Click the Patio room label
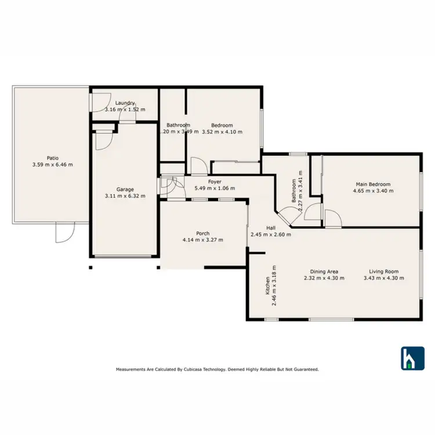[x=53, y=157]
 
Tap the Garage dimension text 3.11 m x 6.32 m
[x=125, y=196]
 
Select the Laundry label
[x=125, y=103]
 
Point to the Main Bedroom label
[x=374, y=184]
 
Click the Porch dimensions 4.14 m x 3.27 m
[x=202, y=240]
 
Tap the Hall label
[x=271, y=228]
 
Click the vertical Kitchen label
[x=267, y=286]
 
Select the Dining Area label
[x=324, y=271]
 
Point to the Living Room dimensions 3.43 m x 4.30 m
[x=384, y=278]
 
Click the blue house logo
[x=413, y=358]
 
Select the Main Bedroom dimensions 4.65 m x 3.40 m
[x=374, y=191]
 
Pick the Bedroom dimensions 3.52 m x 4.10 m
[x=222, y=132]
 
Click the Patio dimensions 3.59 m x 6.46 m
[x=53, y=164]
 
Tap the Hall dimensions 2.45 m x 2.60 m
[x=271, y=235]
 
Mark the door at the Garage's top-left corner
[x=103, y=139]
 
